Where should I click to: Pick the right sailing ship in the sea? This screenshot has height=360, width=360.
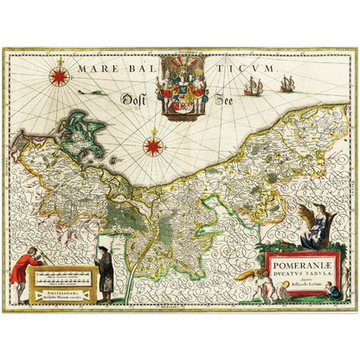(286, 83)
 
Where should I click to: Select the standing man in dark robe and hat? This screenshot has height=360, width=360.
(104, 270)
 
